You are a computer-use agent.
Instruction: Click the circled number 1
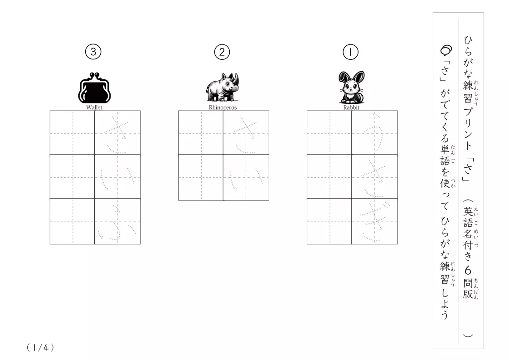click(350, 52)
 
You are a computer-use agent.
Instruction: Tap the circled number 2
click(222, 52)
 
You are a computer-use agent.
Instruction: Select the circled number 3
click(93, 52)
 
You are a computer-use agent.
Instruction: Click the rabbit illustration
click(352, 87)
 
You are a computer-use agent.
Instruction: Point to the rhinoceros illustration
click(223, 87)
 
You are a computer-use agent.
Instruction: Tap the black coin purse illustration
click(94, 88)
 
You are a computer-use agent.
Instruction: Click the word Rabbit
click(351, 107)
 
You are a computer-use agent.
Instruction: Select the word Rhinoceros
click(223, 107)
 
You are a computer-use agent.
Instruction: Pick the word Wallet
click(94, 107)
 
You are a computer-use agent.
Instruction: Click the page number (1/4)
click(40, 348)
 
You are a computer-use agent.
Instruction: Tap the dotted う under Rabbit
click(374, 133)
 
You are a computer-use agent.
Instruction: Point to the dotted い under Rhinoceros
click(246, 179)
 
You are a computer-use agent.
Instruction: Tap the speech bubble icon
click(446, 50)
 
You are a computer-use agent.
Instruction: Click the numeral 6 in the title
click(468, 270)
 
